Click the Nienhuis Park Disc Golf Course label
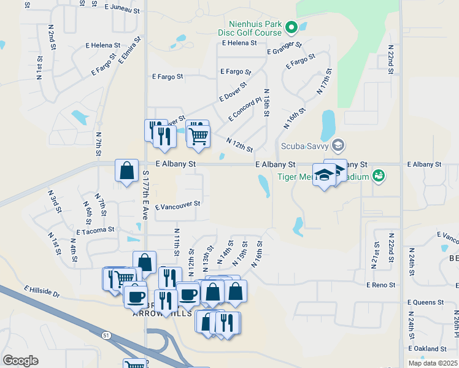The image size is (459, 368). coord(252,28)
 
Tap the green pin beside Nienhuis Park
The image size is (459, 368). coord(292,27)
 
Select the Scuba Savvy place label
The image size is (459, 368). coord(304,146)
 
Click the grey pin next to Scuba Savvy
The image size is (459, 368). coord(337,145)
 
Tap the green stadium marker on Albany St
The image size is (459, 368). coord(379,177)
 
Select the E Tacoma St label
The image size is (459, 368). coord(95,231)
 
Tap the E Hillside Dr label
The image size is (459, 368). coord(42,291)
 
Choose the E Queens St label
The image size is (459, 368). coord(425,302)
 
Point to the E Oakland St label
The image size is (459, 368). coord(425,348)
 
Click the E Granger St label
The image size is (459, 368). coord(285,48)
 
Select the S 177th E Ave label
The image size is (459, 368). coord(145,196)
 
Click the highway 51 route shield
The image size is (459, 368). coord(106,335)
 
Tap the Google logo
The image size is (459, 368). coord(20,361)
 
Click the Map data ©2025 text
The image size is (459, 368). coord(433,363)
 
